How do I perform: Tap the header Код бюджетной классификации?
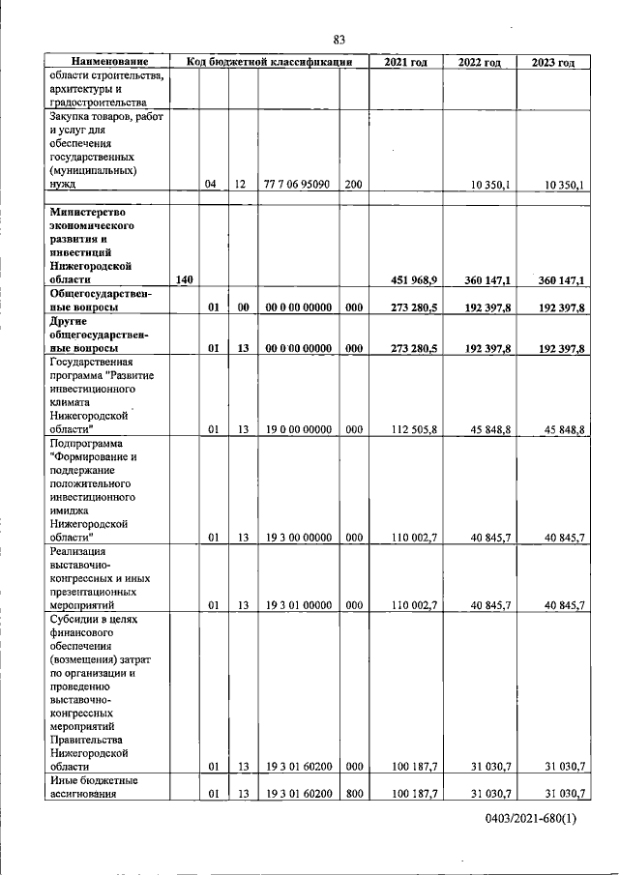click(x=268, y=62)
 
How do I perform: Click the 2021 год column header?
click(x=405, y=62)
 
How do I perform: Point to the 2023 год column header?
click(x=553, y=62)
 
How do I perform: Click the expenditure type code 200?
click(x=353, y=184)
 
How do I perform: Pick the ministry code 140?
click(x=185, y=279)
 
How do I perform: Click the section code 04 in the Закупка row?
click(x=211, y=184)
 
